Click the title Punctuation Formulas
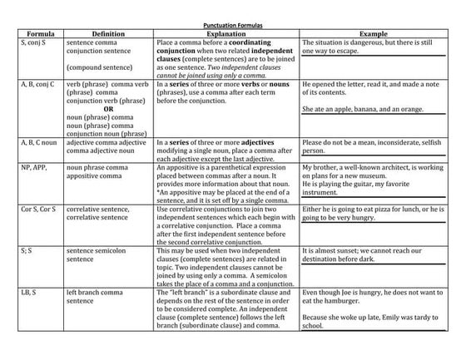pos(233,25)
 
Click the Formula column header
pos(35,33)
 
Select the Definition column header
pos(108,33)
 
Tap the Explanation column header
pos(226,33)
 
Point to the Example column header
pos(379,33)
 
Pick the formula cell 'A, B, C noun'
pos(39,143)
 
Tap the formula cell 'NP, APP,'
pos(34,167)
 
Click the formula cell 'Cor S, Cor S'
pos(37,209)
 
